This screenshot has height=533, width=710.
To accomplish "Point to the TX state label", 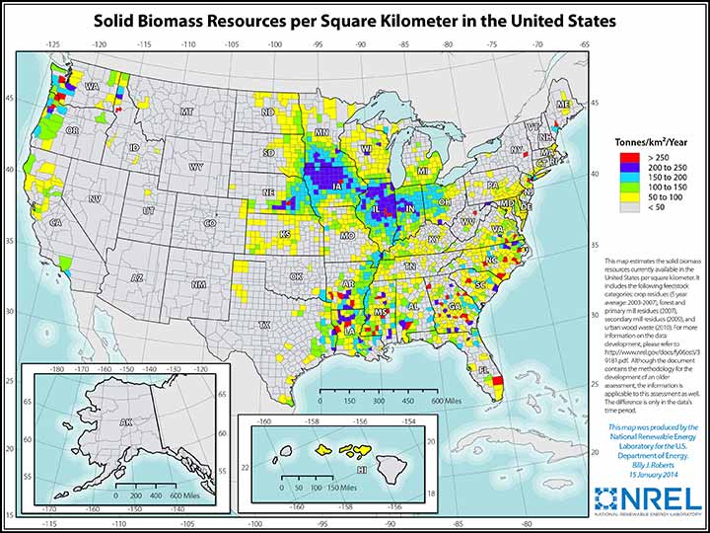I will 264,324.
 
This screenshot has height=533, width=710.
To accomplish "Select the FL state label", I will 484,370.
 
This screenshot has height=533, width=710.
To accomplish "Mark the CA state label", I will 56,224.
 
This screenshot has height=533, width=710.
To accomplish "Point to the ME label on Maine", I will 562,104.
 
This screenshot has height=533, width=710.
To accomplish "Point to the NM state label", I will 198,284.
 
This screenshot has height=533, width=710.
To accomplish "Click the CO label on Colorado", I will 209,224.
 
